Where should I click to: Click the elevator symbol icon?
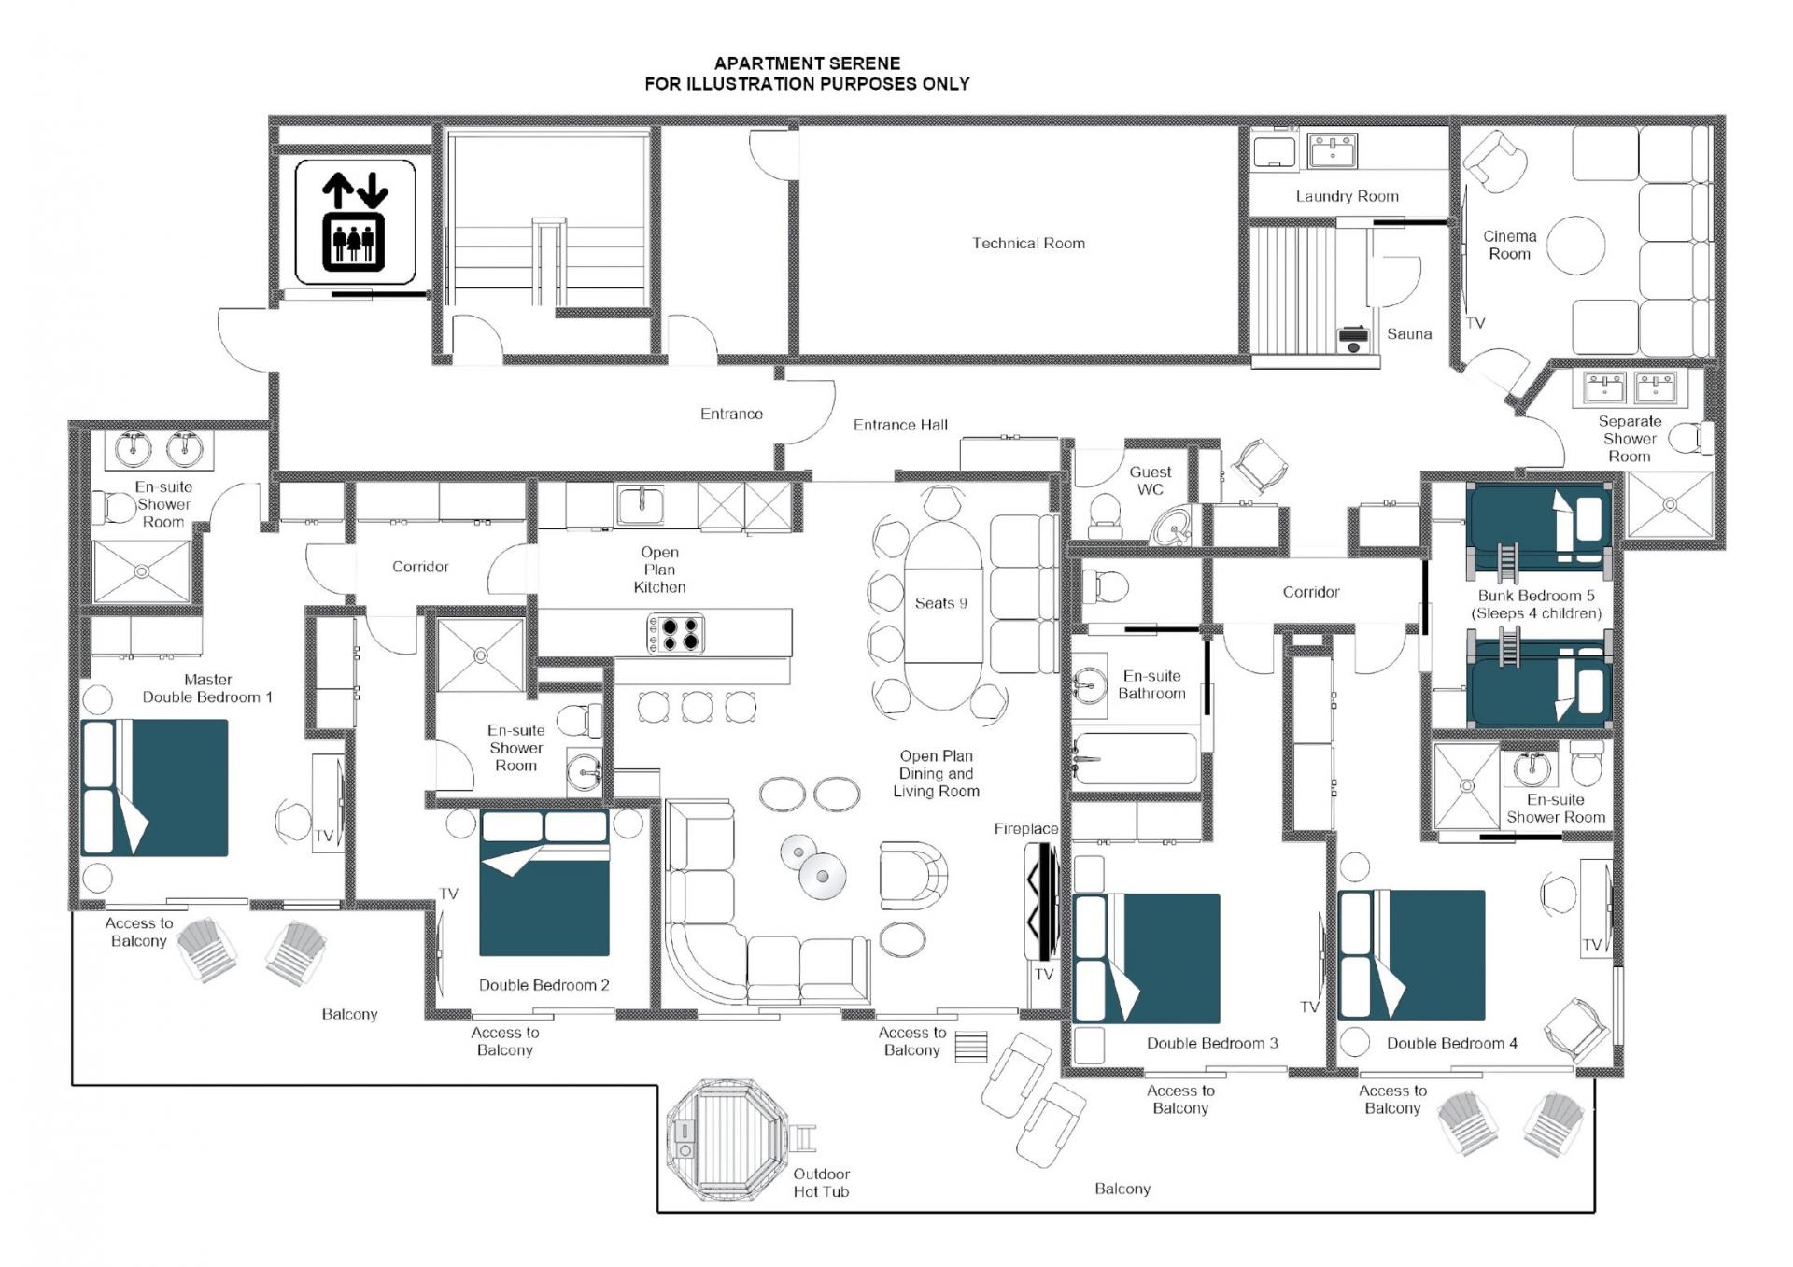pos(355,221)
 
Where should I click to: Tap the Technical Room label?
pos(1028,244)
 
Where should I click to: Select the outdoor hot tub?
pos(727,1138)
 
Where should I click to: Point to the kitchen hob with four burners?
pos(675,634)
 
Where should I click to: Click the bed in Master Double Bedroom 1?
pos(155,787)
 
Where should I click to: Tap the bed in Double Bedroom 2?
pos(544,883)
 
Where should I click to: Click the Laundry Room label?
pos(1347,196)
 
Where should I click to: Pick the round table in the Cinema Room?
pos(1575,246)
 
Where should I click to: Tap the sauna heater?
pos(1352,339)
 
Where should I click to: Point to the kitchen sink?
pos(640,505)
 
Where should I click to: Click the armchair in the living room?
pos(911,875)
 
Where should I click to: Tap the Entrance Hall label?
pos(900,425)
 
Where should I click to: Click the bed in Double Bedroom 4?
pos(1411,955)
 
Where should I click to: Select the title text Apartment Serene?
pos(807,63)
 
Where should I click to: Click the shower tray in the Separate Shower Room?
pos(1670,505)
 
